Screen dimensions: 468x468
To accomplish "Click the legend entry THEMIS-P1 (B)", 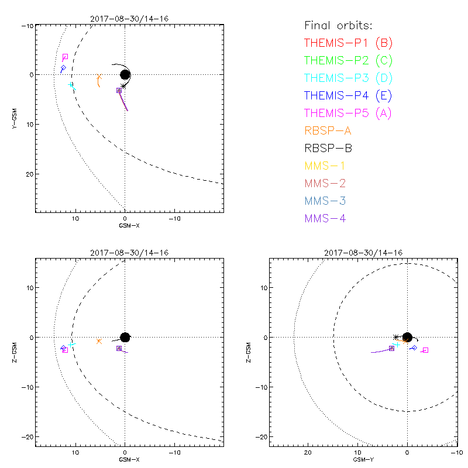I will [x=349, y=43].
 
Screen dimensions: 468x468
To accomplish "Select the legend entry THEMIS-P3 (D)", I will [x=349, y=78].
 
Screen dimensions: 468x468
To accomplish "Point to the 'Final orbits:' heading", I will [x=339, y=25].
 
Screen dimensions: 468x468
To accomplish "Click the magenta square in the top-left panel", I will [x=65, y=57].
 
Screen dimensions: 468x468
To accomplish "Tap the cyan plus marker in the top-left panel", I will [x=71, y=85].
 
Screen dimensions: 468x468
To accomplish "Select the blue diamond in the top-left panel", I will [x=63, y=68].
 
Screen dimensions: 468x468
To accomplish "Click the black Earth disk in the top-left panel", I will [x=125, y=74].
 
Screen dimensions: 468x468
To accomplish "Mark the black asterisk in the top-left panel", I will [x=123, y=86].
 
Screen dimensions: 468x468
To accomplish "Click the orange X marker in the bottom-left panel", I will [x=99, y=341].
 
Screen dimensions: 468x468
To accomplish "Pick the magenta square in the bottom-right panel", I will [x=425, y=350].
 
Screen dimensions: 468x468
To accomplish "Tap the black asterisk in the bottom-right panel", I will [x=396, y=337].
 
